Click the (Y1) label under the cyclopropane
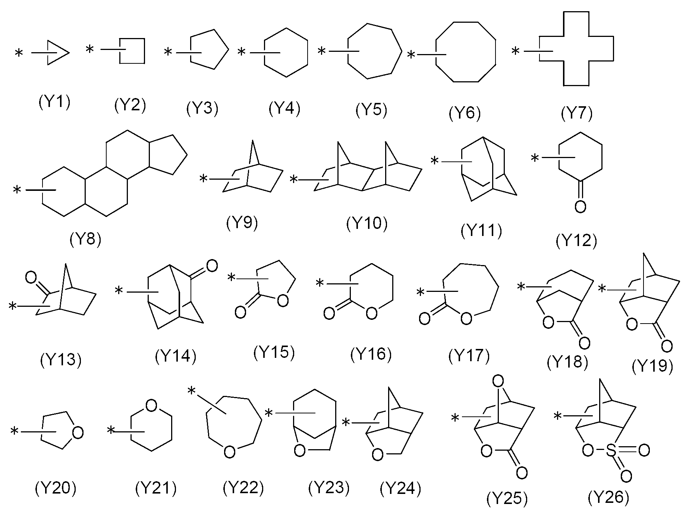click(x=54, y=102)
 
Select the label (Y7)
click(x=576, y=113)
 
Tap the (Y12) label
click(x=576, y=241)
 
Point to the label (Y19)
click(x=652, y=366)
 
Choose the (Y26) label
click(x=608, y=497)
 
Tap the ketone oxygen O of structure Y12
click(x=580, y=206)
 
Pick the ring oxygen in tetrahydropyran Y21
click(x=151, y=406)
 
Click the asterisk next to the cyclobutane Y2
click(x=90, y=49)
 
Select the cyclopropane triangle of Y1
click(x=58, y=53)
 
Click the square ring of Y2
click(x=132, y=51)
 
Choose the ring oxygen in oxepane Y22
click(x=229, y=452)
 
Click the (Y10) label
click(x=367, y=224)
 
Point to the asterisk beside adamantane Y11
click(x=434, y=161)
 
